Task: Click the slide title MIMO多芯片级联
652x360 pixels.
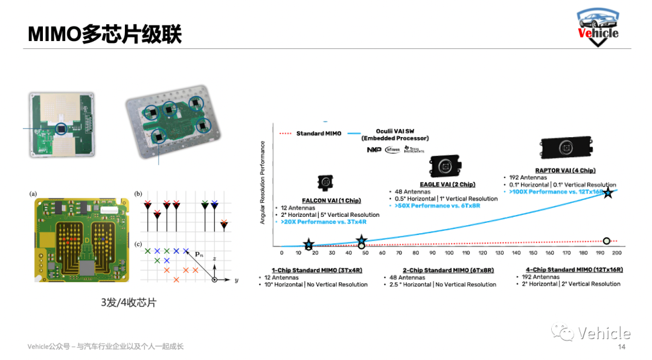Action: pos(105,34)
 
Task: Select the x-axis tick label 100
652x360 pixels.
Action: pos(449,253)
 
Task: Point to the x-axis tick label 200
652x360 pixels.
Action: pos(616,253)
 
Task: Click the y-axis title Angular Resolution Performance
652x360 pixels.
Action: pos(263,182)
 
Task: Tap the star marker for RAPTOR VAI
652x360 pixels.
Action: pos(608,193)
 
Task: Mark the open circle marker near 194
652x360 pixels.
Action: pos(607,241)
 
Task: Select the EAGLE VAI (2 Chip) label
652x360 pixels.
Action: pos(447,184)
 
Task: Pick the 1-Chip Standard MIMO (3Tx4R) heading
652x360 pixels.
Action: pos(316,270)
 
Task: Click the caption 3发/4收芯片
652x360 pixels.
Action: pos(129,303)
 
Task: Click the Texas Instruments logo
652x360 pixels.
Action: pos(415,149)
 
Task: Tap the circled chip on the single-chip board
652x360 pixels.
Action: pos(61,129)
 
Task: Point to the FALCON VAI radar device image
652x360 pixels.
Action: pos(327,183)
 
